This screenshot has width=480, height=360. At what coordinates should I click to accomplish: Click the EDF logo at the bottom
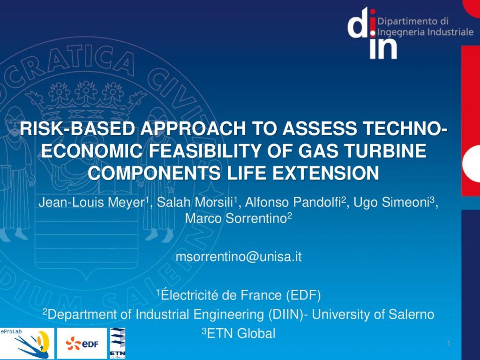click(x=82, y=344)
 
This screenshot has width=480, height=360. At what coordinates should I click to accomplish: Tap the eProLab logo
click(x=27, y=344)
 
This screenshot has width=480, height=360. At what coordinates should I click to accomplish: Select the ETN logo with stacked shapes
click(x=118, y=343)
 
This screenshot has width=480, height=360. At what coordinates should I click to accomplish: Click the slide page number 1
click(x=449, y=344)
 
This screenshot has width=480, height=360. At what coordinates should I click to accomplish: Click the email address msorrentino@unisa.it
click(x=239, y=256)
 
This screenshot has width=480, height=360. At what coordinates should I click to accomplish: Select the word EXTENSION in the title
click(x=326, y=173)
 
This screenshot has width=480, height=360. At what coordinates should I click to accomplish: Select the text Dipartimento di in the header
click(x=413, y=22)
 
